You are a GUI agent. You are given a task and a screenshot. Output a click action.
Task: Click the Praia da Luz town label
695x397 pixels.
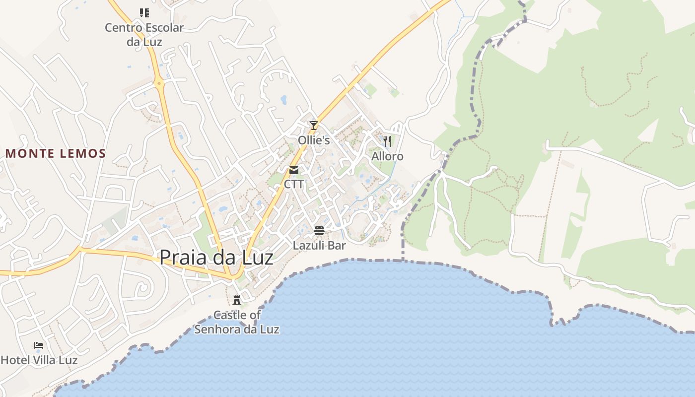(x=216, y=257)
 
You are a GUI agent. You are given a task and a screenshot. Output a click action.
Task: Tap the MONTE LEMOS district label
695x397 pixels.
(x=56, y=153)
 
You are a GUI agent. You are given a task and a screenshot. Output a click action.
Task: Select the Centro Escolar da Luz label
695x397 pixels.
(x=144, y=34)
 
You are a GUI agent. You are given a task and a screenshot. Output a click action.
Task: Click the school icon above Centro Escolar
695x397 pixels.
(x=144, y=13)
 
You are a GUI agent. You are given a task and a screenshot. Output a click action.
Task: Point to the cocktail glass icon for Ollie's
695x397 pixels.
(x=313, y=125)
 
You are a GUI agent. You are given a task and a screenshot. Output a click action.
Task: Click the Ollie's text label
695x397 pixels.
(x=314, y=140)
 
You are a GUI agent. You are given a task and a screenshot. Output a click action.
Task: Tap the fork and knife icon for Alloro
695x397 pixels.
(x=387, y=141)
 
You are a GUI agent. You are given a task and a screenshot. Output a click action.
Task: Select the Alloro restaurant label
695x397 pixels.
(x=387, y=156)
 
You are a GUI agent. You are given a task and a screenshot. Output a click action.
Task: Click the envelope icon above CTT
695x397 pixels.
(x=294, y=170)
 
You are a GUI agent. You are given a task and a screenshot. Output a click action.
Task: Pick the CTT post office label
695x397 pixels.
(x=294, y=184)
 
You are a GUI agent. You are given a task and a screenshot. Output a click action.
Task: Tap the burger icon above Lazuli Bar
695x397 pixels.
(x=319, y=231)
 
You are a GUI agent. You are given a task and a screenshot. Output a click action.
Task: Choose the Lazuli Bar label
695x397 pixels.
(x=319, y=245)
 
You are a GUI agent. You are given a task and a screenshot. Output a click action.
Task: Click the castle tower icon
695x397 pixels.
(x=237, y=300)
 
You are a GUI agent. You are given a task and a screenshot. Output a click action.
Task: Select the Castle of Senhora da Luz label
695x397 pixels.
(x=237, y=322)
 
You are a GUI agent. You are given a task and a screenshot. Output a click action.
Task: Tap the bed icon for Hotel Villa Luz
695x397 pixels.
(x=39, y=345)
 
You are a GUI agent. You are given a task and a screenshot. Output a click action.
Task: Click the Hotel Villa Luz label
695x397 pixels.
(x=39, y=360)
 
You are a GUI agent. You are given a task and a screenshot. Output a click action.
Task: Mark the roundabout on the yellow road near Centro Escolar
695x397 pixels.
(x=159, y=83)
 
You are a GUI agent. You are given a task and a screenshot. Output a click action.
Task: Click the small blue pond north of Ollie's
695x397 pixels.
(x=283, y=100)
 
